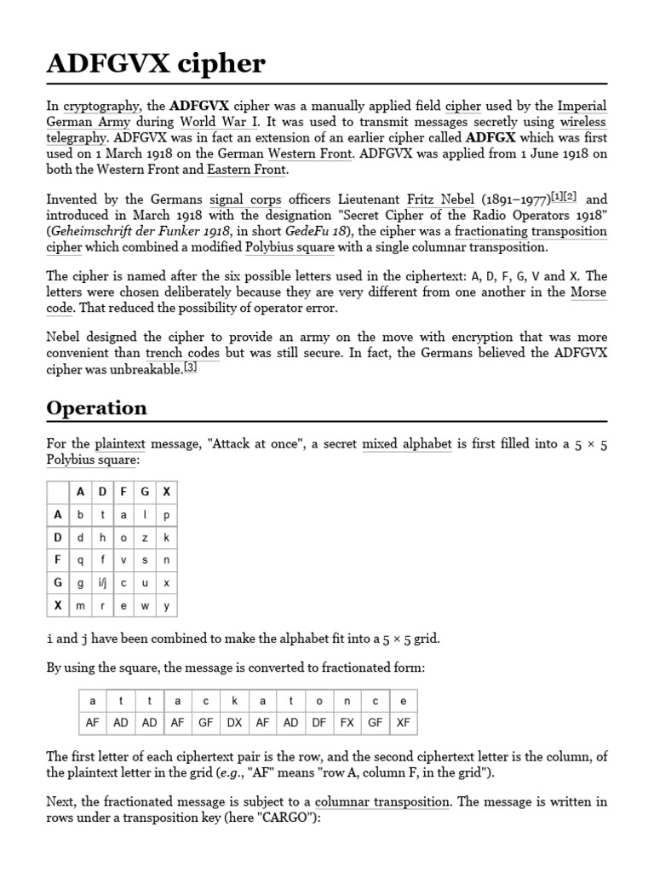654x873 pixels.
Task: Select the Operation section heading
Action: pos(96,408)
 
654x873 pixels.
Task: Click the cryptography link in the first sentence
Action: pos(101,107)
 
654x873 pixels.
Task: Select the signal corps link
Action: pos(244,200)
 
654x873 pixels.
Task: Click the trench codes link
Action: pos(181,353)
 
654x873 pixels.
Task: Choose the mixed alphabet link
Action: pos(406,444)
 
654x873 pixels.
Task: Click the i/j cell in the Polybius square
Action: pos(103,583)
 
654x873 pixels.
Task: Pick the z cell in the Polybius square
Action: pos(146,538)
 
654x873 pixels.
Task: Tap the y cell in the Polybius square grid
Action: pos(167,605)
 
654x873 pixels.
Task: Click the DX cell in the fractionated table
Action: pos(234,723)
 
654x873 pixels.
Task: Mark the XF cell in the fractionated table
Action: pos(403,723)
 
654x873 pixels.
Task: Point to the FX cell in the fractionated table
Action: pos(347,723)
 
